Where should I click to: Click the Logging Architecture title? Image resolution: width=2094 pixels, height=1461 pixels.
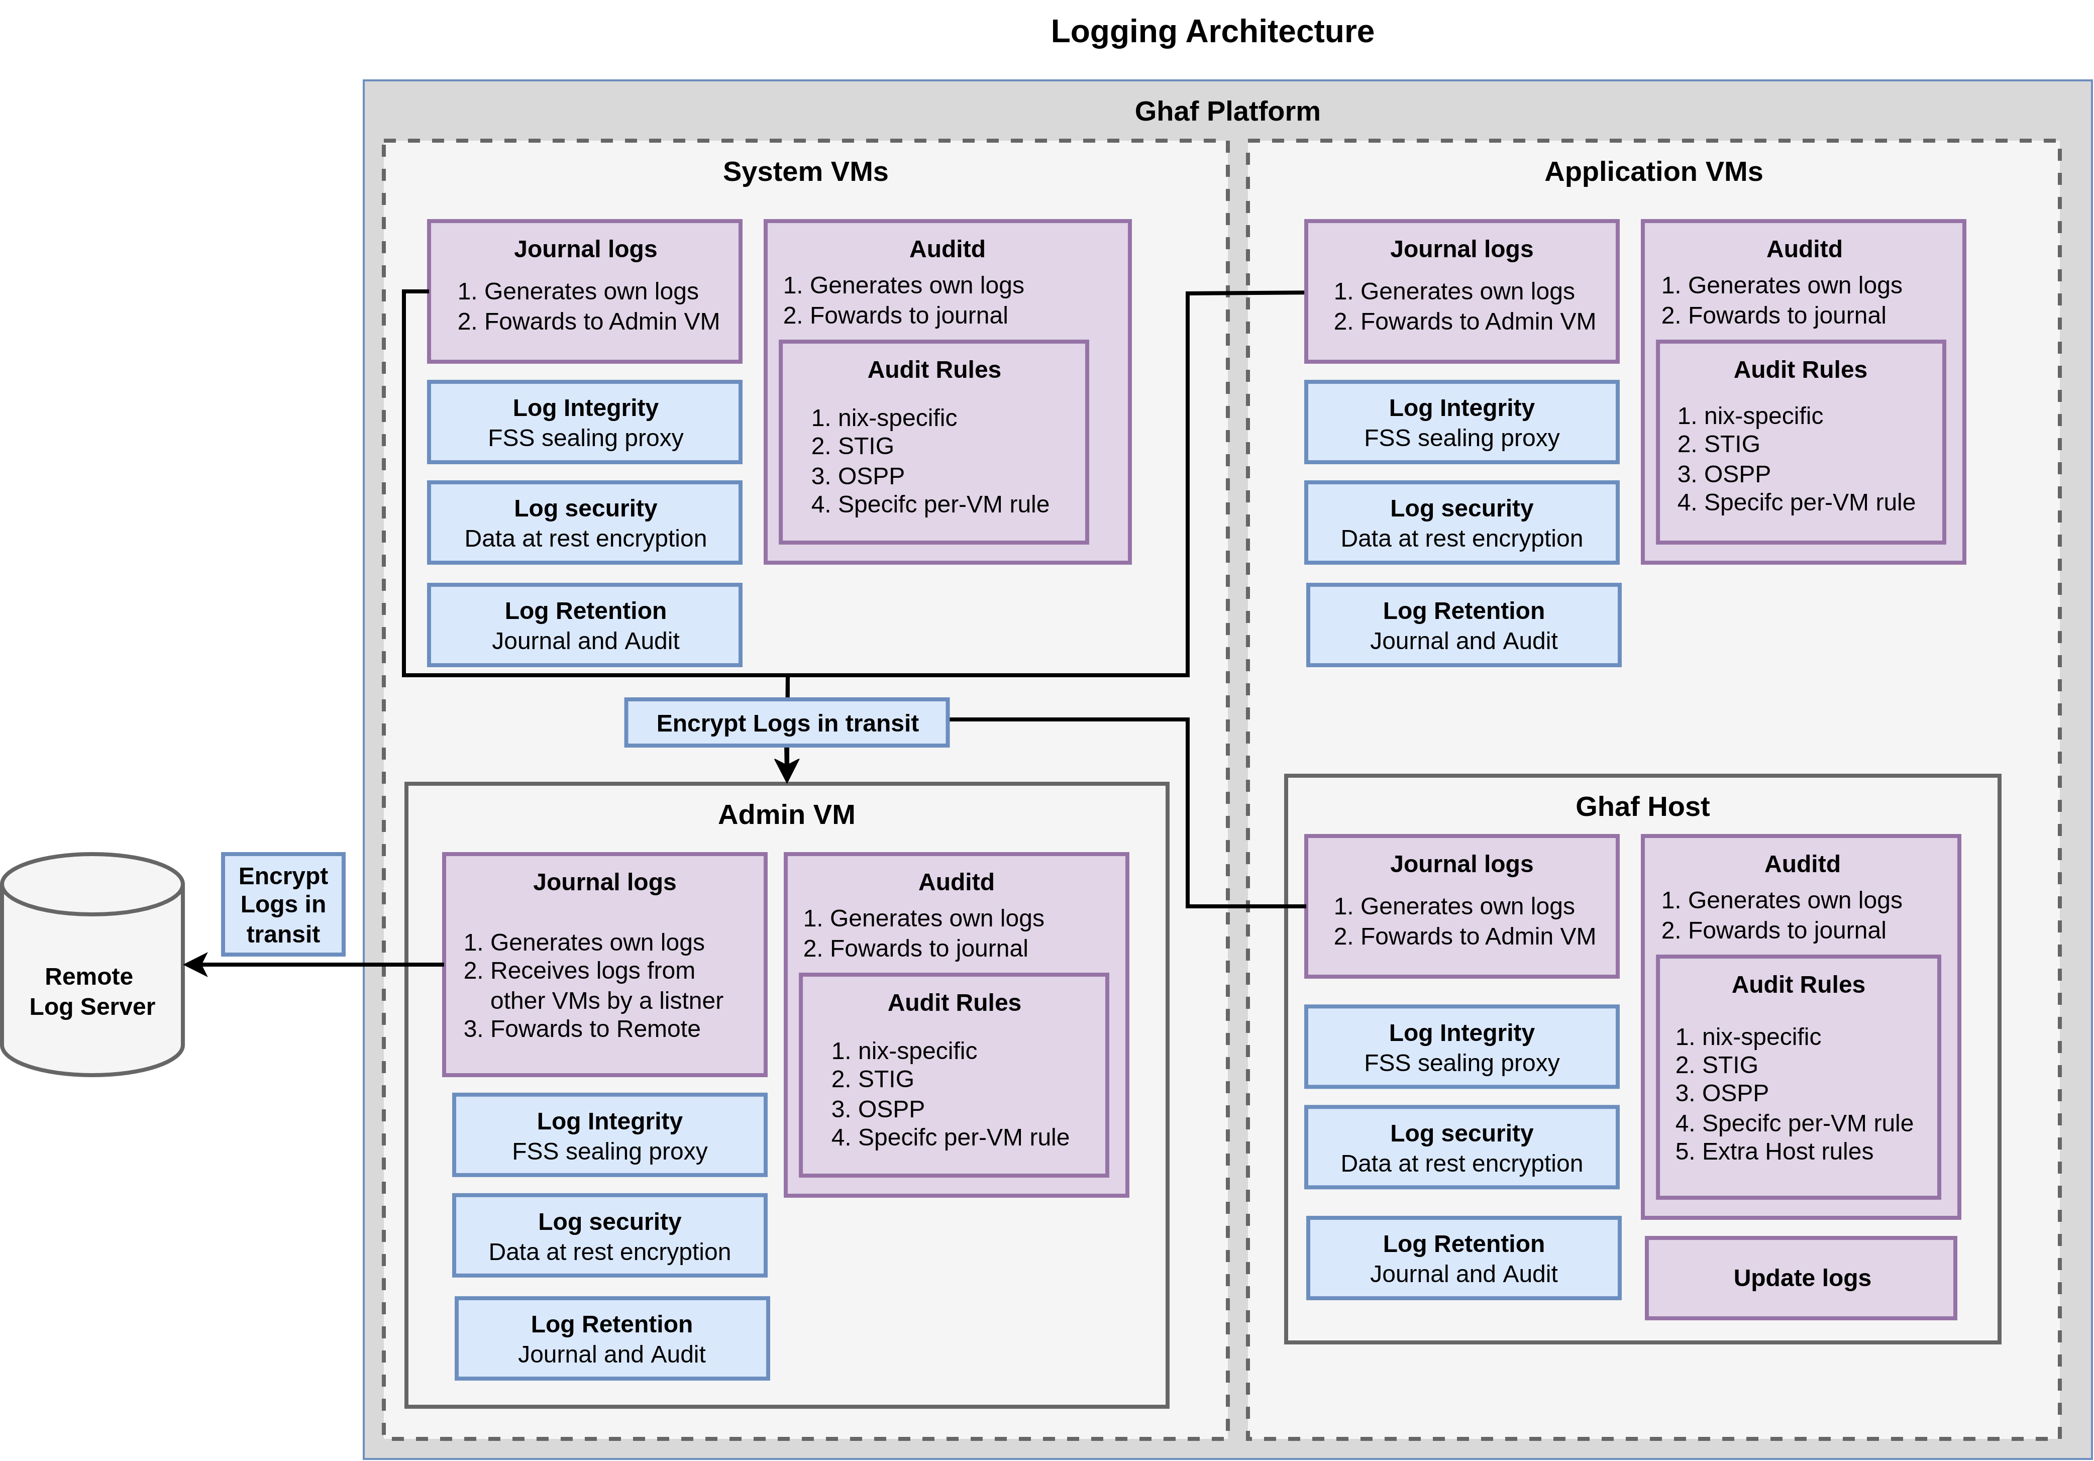[x=1211, y=31]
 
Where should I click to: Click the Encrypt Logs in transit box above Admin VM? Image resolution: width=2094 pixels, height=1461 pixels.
[x=786, y=723]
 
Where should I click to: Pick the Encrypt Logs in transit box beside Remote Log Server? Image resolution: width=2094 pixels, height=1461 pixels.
[x=283, y=904]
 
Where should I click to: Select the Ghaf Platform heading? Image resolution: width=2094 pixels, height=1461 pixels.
[x=1227, y=111]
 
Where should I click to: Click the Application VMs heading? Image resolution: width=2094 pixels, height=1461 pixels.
[x=1652, y=171]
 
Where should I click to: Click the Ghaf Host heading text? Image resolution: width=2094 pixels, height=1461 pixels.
[x=1642, y=806]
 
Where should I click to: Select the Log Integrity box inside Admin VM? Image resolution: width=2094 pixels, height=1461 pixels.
[x=609, y=1135]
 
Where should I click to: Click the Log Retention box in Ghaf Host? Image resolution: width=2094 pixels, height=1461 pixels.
[x=1463, y=1259]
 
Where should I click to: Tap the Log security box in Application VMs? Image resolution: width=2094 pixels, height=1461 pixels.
[x=1461, y=523]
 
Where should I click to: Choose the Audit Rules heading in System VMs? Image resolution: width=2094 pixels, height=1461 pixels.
[x=934, y=369]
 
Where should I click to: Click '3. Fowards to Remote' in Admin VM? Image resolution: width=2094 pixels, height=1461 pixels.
[x=582, y=1029]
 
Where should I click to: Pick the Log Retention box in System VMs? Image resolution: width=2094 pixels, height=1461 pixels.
[x=585, y=625]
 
